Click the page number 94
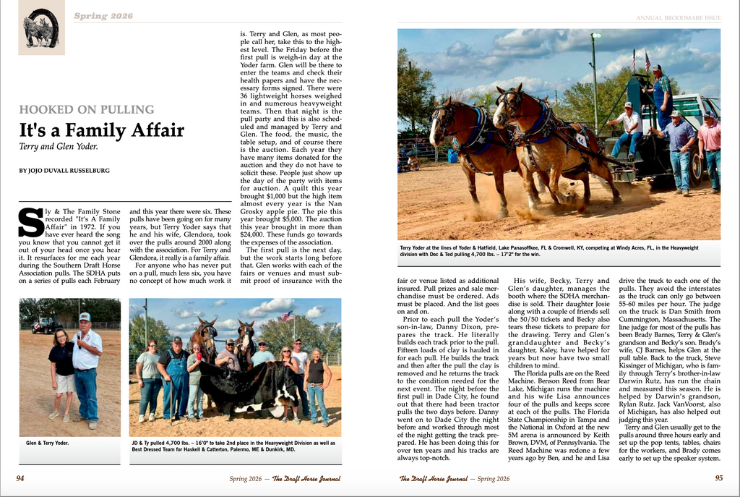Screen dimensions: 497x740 [x=20, y=478]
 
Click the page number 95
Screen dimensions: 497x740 [x=719, y=478]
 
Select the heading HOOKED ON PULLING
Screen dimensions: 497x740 [x=86, y=110]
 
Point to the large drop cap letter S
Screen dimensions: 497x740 [x=30, y=222]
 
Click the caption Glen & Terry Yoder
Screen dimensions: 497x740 [x=47, y=443]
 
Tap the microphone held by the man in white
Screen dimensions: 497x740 [x=78, y=337]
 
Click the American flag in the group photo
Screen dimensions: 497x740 [x=288, y=315]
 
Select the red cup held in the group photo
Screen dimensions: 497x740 [x=199, y=356]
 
